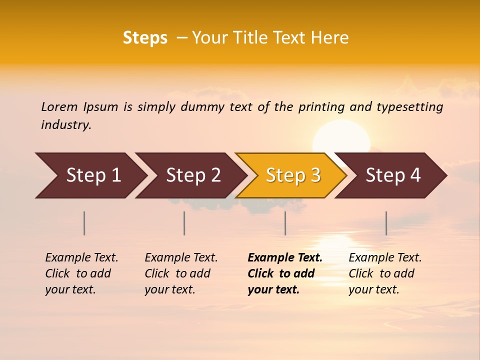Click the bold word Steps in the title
(x=145, y=38)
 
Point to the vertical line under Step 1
(x=84, y=223)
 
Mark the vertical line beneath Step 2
(x=184, y=223)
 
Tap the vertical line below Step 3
(x=285, y=223)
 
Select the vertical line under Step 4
(x=386, y=223)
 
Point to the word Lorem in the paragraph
(x=59, y=107)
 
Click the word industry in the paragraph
(x=66, y=125)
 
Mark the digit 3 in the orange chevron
(x=315, y=175)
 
